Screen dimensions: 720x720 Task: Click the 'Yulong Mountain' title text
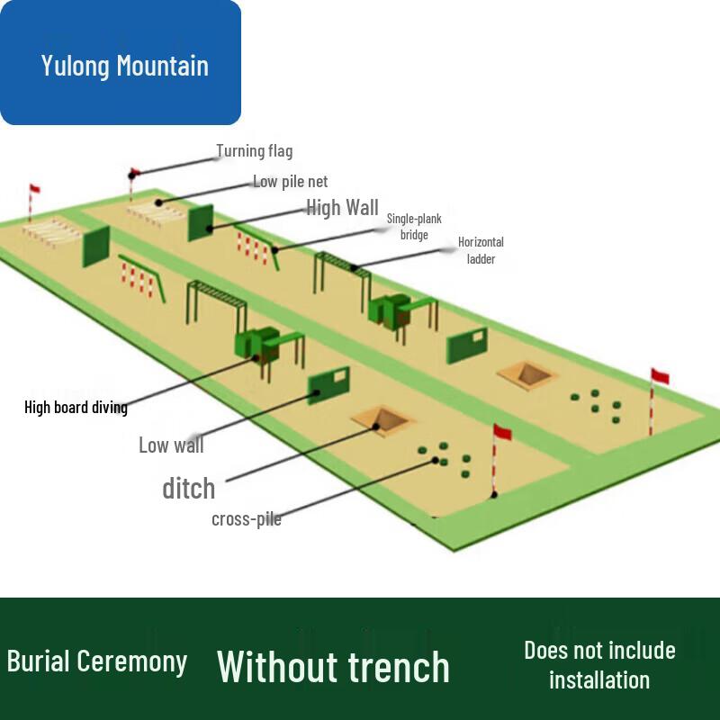[125, 65]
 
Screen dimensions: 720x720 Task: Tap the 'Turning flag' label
[255, 151]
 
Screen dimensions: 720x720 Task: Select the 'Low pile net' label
[290, 182]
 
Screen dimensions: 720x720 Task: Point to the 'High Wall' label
[343, 208]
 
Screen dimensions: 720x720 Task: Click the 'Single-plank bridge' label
[414, 227]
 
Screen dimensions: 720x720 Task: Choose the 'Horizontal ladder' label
[481, 250]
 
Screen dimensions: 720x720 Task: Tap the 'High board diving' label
[76, 408]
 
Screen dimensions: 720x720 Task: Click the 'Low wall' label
[171, 445]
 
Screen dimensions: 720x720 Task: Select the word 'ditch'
[189, 488]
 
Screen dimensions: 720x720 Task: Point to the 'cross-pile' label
[247, 519]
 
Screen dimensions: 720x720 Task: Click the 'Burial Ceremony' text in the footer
[97, 661]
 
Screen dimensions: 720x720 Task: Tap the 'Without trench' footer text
[333, 667]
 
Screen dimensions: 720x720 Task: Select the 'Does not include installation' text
[599, 665]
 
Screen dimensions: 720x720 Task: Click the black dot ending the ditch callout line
[375, 427]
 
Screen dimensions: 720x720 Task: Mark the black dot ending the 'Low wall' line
[317, 393]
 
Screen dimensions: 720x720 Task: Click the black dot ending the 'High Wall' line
[210, 229]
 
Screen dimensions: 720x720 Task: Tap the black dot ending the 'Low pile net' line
[158, 202]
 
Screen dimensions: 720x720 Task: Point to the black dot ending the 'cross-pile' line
[435, 460]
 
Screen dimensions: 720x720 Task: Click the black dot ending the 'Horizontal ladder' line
[354, 267]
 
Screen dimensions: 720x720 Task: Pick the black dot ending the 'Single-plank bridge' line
[274, 250]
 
